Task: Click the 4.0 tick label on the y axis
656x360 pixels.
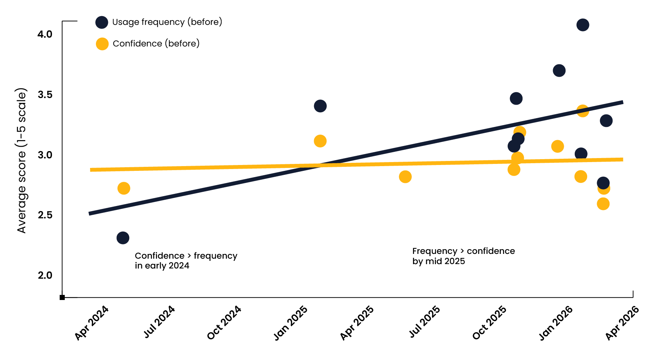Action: click(45, 34)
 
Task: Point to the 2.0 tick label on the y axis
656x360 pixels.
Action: click(45, 275)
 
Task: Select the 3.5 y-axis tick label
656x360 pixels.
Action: click(45, 95)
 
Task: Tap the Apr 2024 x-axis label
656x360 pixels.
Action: click(92, 323)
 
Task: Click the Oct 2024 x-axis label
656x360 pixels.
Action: click(224, 323)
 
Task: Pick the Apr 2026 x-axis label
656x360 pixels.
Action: click(622, 323)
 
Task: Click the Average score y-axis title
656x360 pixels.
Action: click(22, 160)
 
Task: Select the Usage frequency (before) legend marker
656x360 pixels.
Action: click(102, 22)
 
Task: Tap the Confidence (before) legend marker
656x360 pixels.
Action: click(102, 44)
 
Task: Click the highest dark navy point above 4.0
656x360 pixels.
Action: click(583, 25)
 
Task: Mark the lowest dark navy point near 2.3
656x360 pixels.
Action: click(123, 238)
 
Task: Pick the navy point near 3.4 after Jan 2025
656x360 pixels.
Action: click(320, 106)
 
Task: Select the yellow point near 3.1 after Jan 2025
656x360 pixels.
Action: click(320, 141)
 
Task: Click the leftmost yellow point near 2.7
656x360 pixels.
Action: click(124, 188)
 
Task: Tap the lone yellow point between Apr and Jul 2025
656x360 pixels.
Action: click(405, 177)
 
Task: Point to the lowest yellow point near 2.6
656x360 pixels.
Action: click(603, 204)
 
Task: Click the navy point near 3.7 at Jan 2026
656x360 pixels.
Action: click(559, 71)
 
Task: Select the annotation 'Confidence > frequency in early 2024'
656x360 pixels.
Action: click(186, 260)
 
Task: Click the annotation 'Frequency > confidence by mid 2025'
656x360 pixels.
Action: click(463, 256)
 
